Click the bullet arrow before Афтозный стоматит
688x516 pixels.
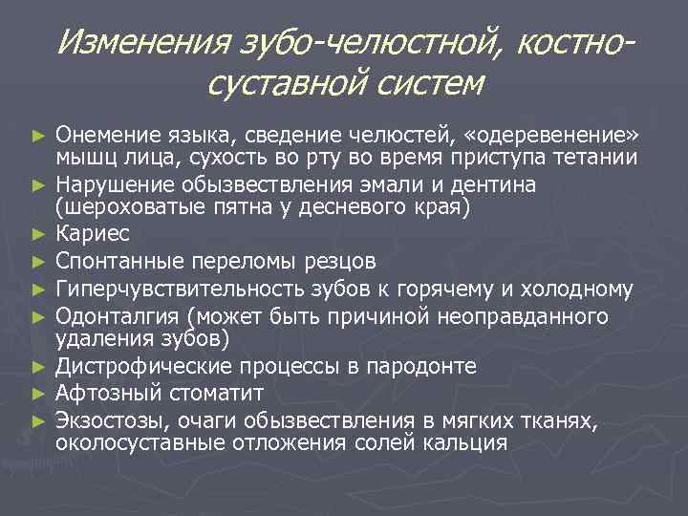[38, 393]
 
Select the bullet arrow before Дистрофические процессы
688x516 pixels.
[38, 367]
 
